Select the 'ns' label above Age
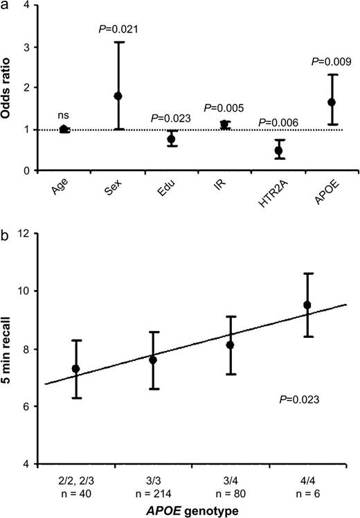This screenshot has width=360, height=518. click(x=64, y=117)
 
